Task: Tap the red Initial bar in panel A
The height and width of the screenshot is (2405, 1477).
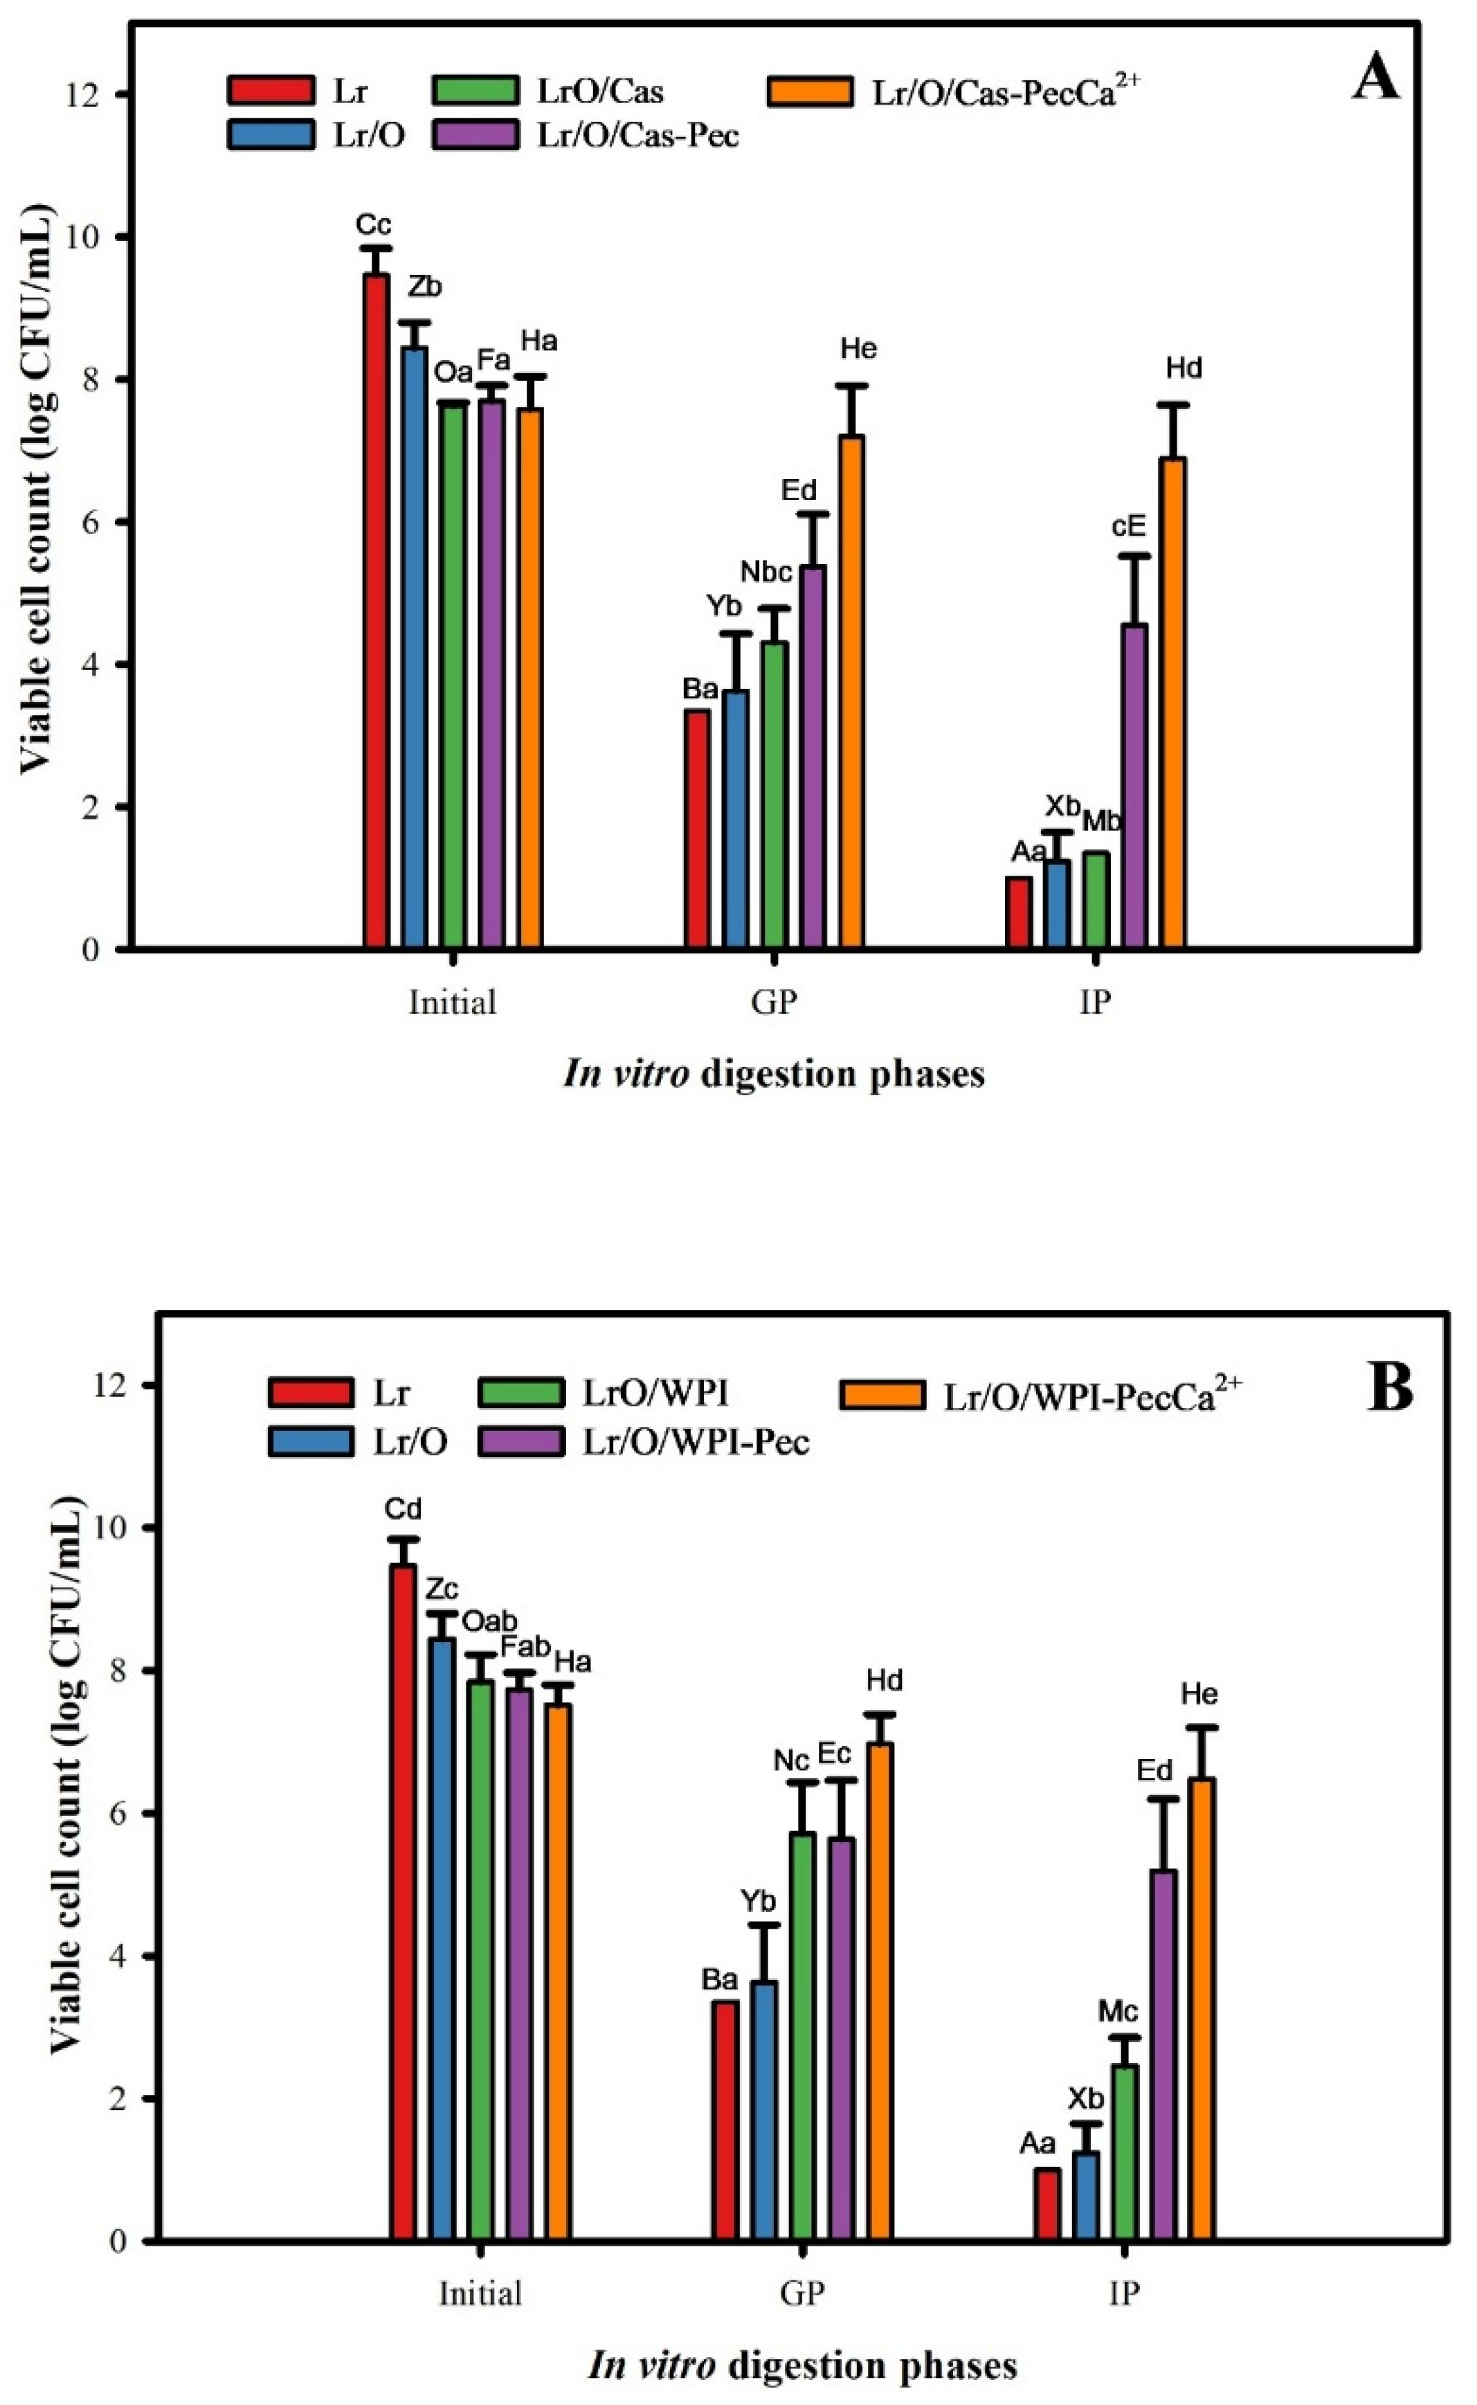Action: (376, 611)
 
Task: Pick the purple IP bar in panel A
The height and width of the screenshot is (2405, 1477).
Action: (1134, 786)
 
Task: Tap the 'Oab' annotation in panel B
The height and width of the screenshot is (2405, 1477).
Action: (489, 1621)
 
